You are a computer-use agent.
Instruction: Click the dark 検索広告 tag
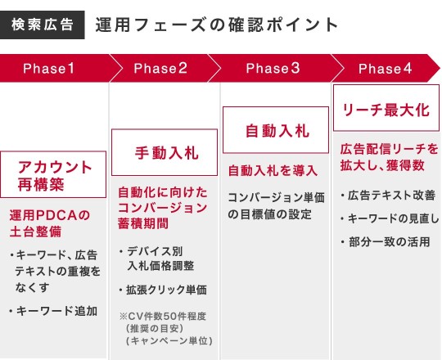click(43, 25)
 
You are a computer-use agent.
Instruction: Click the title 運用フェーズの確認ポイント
click(216, 25)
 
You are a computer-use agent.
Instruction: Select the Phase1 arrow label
click(49, 69)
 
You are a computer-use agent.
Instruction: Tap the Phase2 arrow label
click(160, 69)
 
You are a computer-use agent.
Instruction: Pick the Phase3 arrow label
click(273, 69)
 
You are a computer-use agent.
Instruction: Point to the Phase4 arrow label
click(385, 69)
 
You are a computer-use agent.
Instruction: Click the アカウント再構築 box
click(53, 174)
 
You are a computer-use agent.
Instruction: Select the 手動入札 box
click(165, 152)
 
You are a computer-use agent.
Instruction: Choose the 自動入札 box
click(276, 130)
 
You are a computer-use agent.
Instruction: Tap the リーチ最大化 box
click(386, 108)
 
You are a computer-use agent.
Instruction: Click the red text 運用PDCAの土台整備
click(50, 223)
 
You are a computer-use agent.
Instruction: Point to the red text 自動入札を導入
click(273, 171)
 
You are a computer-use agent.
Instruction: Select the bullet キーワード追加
click(54, 311)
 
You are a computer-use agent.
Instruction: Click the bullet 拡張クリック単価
click(163, 290)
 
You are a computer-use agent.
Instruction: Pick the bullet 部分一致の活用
click(386, 242)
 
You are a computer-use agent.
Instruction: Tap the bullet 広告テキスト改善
click(388, 196)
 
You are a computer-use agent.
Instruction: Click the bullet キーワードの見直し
click(390, 218)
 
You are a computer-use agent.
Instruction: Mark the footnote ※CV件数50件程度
click(163, 317)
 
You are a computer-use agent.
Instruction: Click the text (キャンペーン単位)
click(169, 341)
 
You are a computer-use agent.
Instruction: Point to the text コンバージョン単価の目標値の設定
click(277, 206)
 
